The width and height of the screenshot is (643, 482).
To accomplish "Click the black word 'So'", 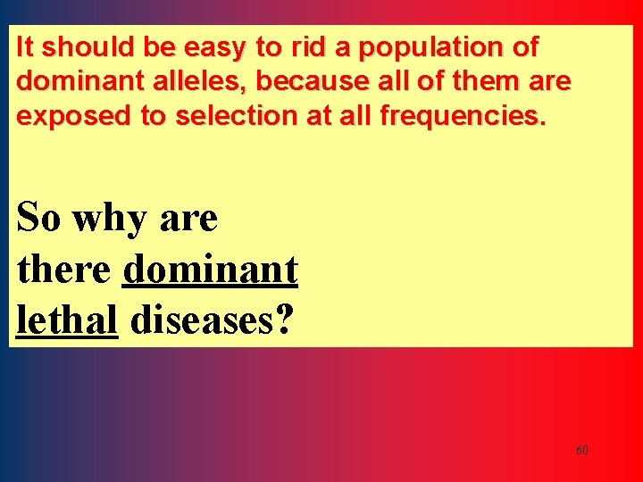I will (39, 217).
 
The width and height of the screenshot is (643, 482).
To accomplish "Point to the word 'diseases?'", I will (211, 320).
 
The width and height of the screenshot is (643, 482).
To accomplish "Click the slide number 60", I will (581, 451).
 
